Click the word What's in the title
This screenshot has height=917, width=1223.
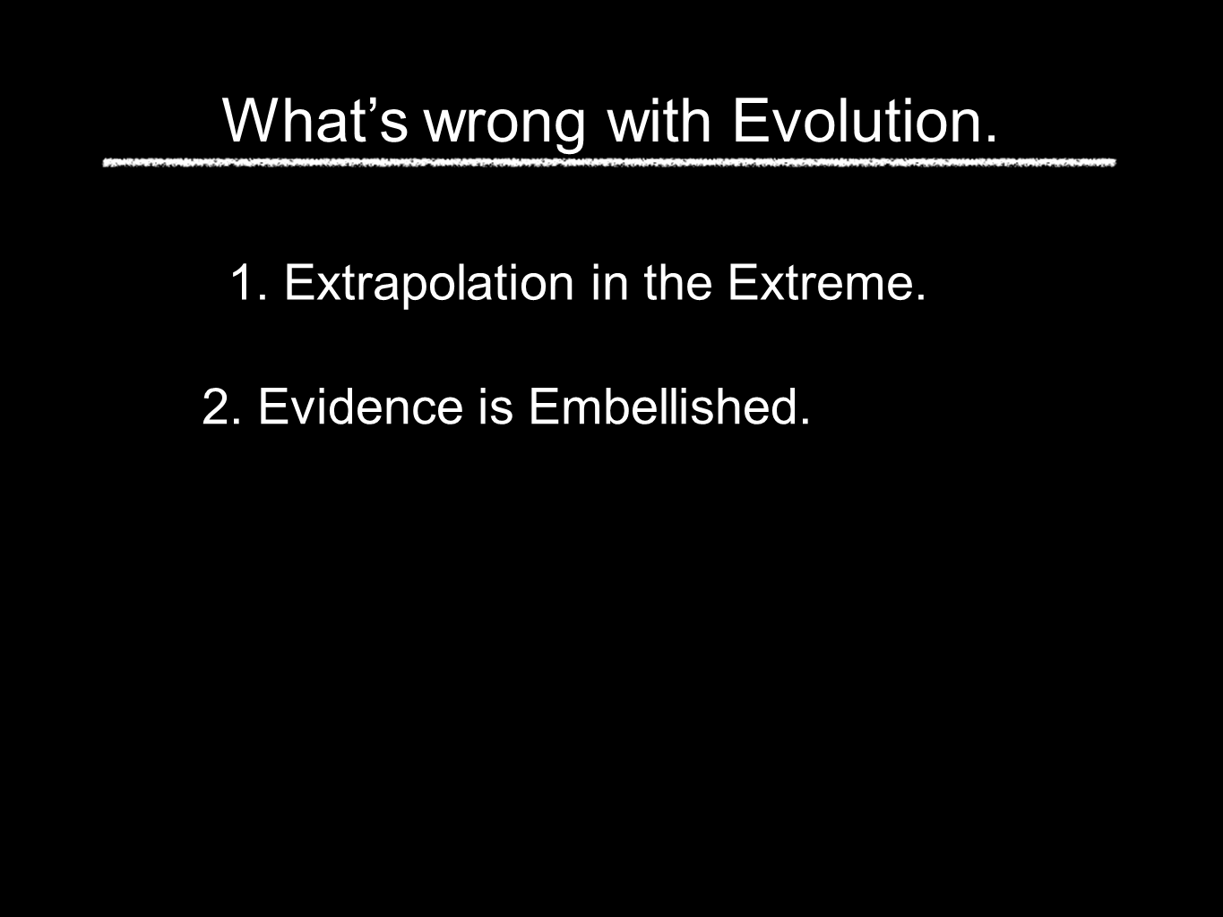tap(314, 121)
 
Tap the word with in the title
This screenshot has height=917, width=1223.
tap(659, 121)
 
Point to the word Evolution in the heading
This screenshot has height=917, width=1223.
tap(857, 121)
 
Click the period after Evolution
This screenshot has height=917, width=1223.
tap(990, 139)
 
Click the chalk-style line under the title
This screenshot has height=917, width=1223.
tap(609, 163)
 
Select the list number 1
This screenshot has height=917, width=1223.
tap(243, 283)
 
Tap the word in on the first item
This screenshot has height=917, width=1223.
tap(610, 283)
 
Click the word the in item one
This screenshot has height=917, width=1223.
tap(678, 283)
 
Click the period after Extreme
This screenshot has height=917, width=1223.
tap(920, 296)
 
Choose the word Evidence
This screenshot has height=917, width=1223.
tap(360, 407)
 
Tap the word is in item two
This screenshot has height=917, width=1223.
tap(495, 407)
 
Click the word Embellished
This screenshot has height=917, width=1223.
tap(662, 407)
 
